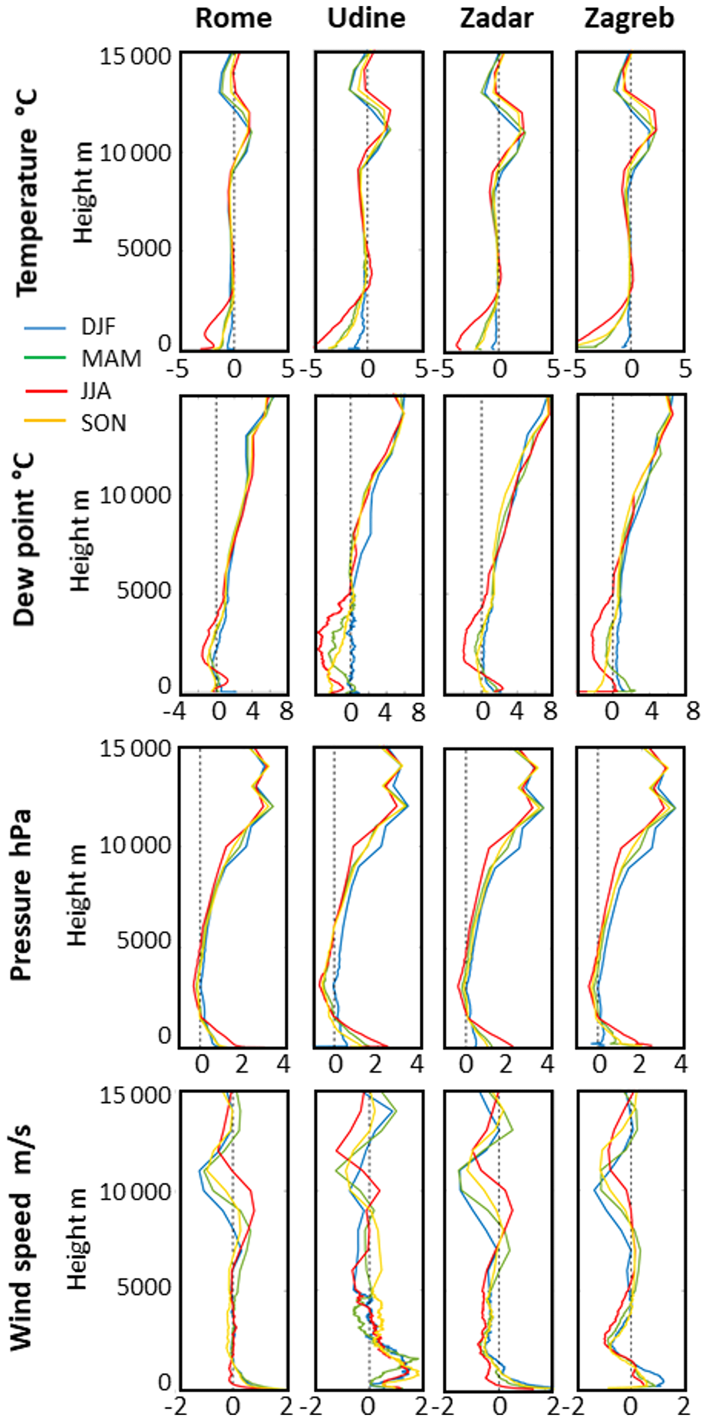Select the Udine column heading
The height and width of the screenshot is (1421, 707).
[366, 19]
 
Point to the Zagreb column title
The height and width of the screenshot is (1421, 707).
[629, 19]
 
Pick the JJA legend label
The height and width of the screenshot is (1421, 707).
[96, 391]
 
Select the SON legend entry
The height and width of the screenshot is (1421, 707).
[104, 423]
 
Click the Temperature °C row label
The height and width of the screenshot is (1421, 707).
[26, 193]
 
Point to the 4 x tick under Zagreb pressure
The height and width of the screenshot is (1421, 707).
[681, 1064]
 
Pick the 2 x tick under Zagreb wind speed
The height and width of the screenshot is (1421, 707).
[684, 1406]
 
